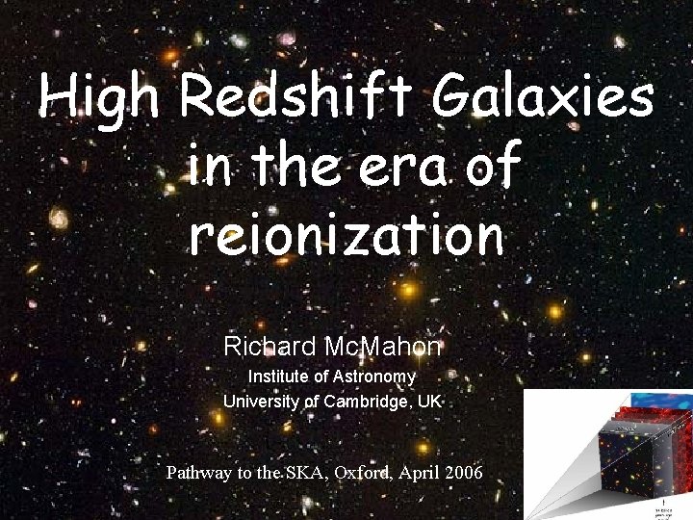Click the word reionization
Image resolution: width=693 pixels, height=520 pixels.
tap(346, 234)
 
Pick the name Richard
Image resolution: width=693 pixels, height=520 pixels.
tap(260, 345)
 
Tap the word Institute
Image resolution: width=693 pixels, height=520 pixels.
tap(283, 376)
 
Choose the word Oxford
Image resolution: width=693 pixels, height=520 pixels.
tap(366, 473)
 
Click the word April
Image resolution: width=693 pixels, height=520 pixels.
tap(423, 473)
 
